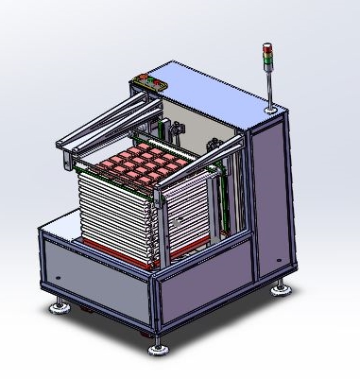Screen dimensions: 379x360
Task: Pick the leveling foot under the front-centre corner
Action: click(x=158, y=349)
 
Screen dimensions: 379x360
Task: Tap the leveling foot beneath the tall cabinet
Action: click(x=282, y=286)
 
